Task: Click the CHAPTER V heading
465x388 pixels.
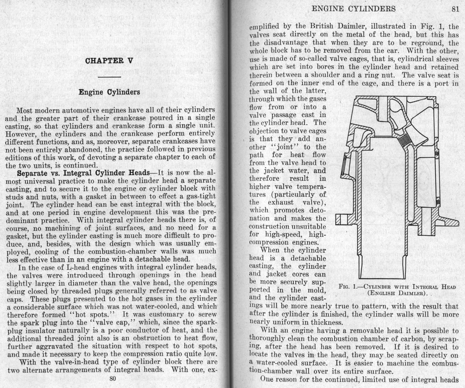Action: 109,61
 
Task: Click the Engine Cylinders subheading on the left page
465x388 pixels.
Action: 109,92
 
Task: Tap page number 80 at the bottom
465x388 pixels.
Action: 113,378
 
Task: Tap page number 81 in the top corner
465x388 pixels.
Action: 455,9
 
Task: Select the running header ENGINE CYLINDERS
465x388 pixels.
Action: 354,9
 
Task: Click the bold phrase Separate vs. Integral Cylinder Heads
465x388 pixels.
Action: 83,173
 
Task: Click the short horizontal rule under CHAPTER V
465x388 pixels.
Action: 109,77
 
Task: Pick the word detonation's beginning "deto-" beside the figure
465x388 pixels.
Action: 316,210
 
